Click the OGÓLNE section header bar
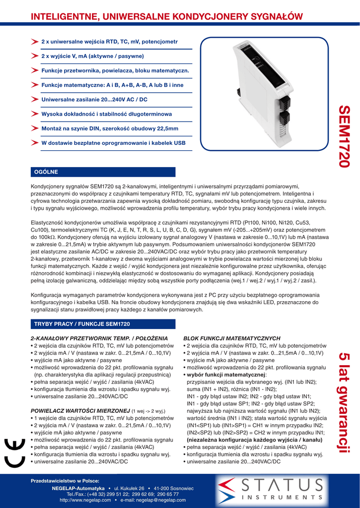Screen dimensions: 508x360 [x=103, y=172]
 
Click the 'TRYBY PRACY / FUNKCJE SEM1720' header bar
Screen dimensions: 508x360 [x=103, y=324]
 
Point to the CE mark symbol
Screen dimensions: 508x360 [x=14, y=452]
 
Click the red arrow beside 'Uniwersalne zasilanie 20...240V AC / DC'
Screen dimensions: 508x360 [x=35, y=99]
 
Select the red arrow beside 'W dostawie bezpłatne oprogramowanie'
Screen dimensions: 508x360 [x=35, y=143]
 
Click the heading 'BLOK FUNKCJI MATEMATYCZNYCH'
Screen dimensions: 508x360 [x=233, y=338]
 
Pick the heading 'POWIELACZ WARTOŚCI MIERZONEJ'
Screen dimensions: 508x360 [x=80, y=411]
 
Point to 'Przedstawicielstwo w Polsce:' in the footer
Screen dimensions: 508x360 [x=65, y=481]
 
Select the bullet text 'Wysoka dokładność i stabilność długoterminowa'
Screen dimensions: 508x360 [x=106, y=114]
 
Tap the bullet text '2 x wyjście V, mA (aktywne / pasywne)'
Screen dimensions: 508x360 [x=92, y=56]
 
